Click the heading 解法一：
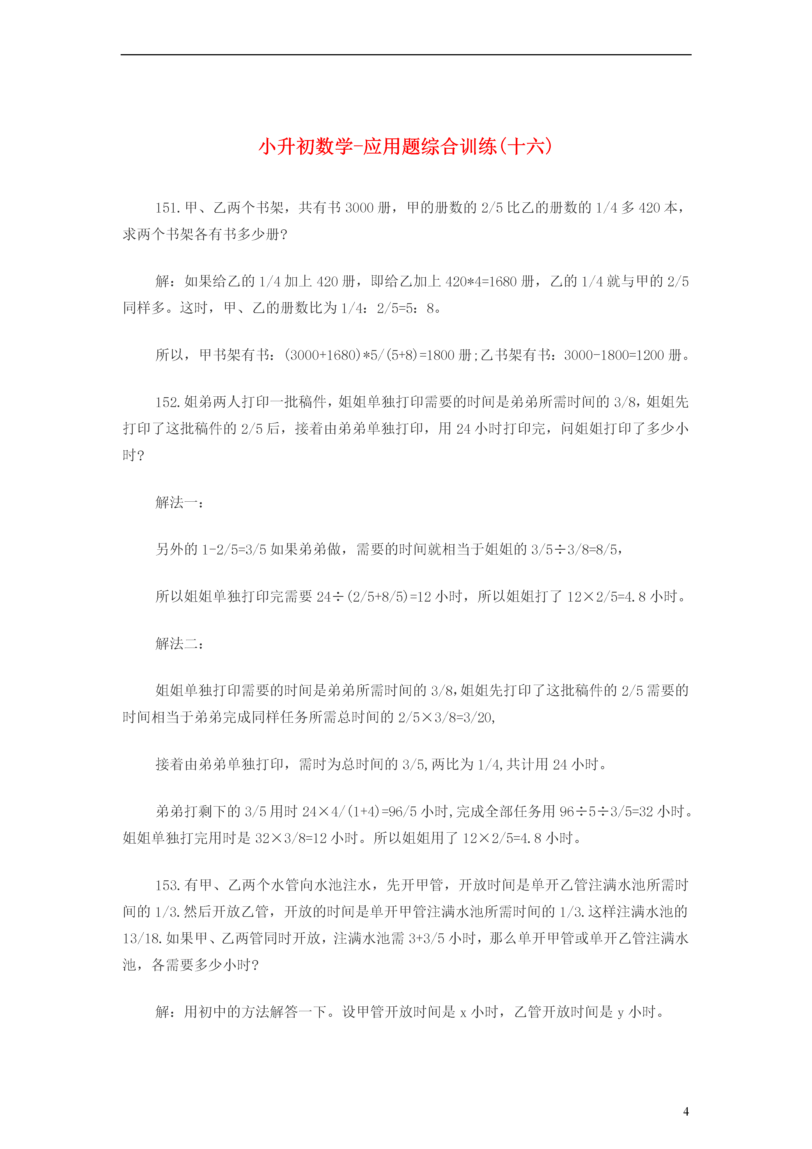(x=179, y=502)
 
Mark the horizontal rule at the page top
(x=406, y=54)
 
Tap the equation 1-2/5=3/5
(x=234, y=549)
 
